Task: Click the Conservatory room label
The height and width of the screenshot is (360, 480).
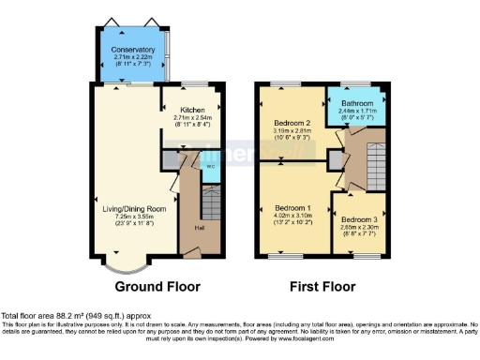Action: [x=133, y=50]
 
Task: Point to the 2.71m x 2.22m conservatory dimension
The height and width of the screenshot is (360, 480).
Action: [x=133, y=57]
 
